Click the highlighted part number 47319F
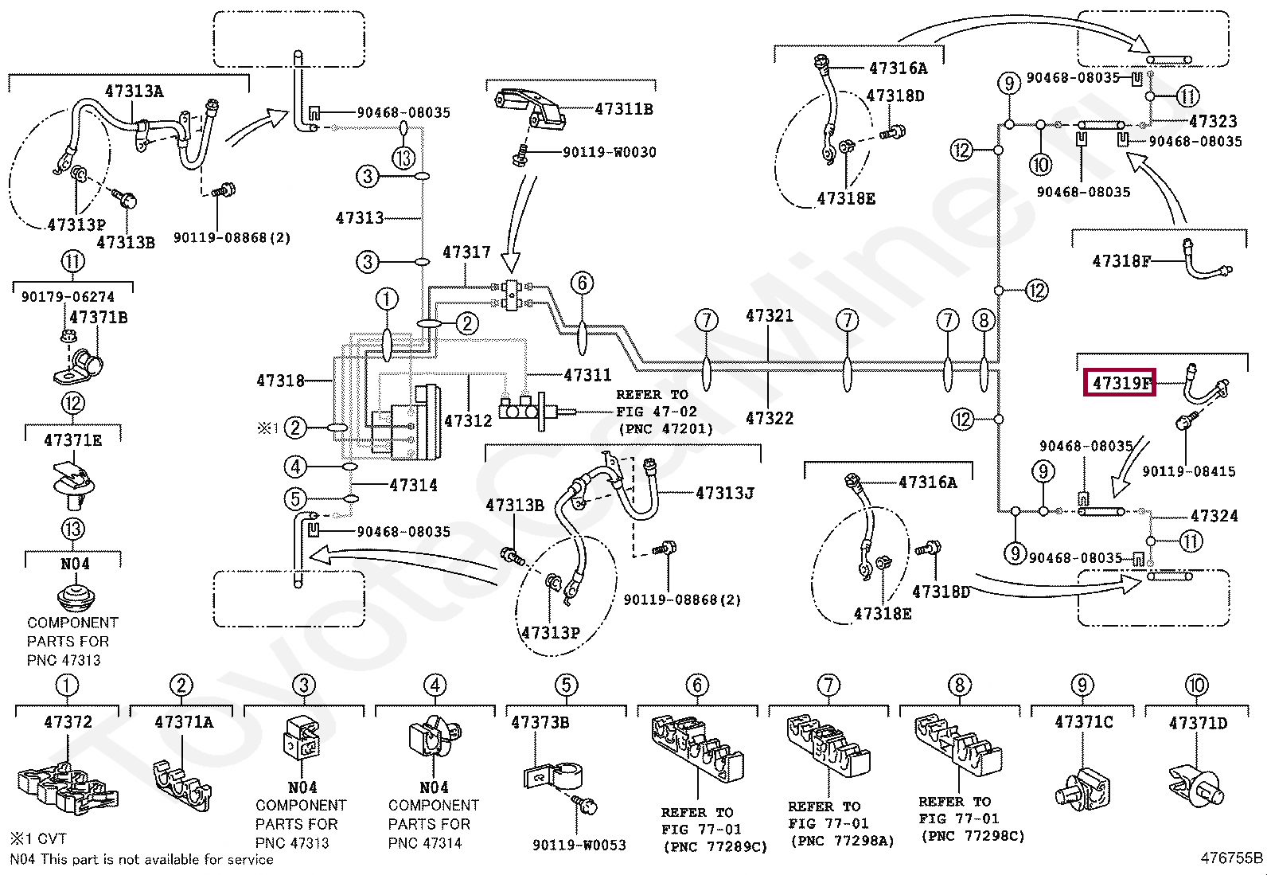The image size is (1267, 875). pyautogui.click(x=1121, y=383)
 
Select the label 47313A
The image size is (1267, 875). pyautogui.click(x=134, y=91)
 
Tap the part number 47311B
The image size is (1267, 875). pyautogui.click(x=623, y=109)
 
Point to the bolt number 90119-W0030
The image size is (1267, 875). pyautogui.click(x=609, y=152)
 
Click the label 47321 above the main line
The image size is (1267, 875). pyautogui.click(x=769, y=315)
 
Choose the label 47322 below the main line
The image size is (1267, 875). pyautogui.click(x=769, y=418)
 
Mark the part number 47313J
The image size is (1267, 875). pyautogui.click(x=724, y=494)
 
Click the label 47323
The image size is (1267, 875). pyautogui.click(x=1212, y=122)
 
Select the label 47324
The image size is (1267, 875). pyautogui.click(x=1214, y=516)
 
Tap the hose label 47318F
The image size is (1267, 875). pyautogui.click(x=1121, y=260)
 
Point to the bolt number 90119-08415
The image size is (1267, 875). pyautogui.click(x=1188, y=471)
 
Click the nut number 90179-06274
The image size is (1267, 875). pyautogui.click(x=68, y=296)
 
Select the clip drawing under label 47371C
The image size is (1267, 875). pyautogui.click(x=1082, y=788)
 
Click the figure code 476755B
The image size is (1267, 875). pyautogui.click(x=1231, y=857)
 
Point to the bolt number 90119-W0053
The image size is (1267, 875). pyautogui.click(x=579, y=845)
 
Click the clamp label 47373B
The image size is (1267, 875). pyautogui.click(x=540, y=722)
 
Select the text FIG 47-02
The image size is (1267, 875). pyautogui.click(x=656, y=412)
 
